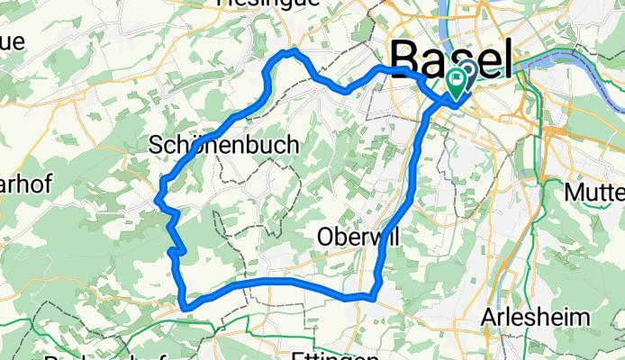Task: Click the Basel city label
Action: click(x=454, y=61)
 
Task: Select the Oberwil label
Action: click(x=358, y=236)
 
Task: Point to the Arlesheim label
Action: click(x=535, y=318)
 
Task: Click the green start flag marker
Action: click(x=456, y=84)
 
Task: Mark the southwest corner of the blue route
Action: click(x=186, y=307)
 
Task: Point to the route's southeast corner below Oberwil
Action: click(x=373, y=294)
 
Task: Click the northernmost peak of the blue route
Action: click(x=290, y=51)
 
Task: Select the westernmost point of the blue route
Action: click(x=159, y=193)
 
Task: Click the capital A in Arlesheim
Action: click(x=491, y=318)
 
